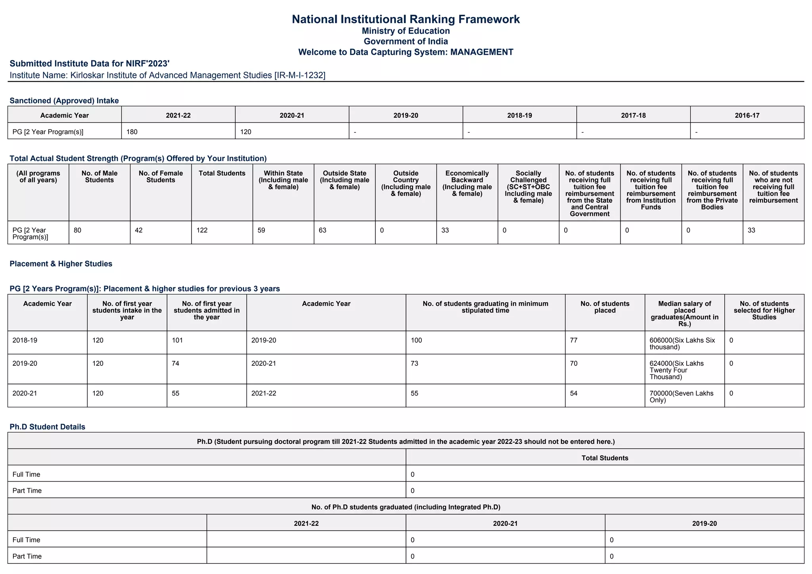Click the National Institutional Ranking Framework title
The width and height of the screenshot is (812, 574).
click(x=406, y=19)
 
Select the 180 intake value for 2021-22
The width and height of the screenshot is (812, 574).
click(x=132, y=132)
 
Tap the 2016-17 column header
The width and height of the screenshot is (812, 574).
click(x=747, y=115)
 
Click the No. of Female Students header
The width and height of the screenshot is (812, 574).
click(x=161, y=177)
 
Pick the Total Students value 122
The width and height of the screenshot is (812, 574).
click(x=202, y=230)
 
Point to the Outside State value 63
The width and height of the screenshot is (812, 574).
click(x=322, y=230)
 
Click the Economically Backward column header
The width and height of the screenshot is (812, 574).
click(x=467, y=183)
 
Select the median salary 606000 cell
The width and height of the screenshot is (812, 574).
click(x=682, y=344)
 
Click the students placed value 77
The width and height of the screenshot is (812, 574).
click(x=574, y=340)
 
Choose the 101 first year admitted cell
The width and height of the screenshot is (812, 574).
click(x=177, y=340)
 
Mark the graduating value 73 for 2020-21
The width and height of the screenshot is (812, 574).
click(x=414, y=363)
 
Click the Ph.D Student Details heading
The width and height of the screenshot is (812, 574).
click(x=47, y=427)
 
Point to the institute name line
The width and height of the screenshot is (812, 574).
click(x=167, y=75)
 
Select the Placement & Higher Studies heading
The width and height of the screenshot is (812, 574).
click(x=61, y=264)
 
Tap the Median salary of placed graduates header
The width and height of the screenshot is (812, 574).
click(x=684, y=313)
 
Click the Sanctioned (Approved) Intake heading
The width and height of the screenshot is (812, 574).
click(x=64, y=101)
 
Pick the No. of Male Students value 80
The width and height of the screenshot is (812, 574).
click(x=78, y=230)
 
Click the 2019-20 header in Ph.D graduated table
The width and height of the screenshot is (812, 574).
click(x=704, y=524)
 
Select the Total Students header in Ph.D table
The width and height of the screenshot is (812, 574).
click(x=605, y=458)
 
